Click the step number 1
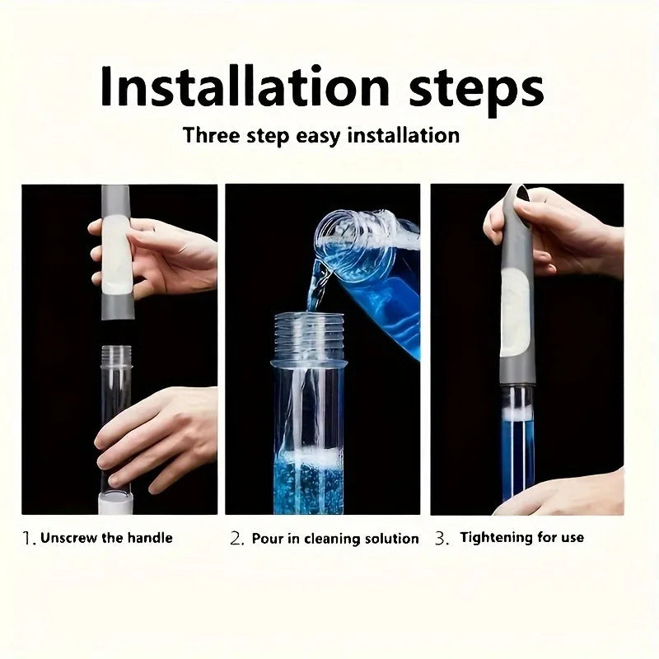coord(28,539)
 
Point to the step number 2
coord(237,539)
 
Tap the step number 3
coord(442,539)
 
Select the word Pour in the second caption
coord(269,539)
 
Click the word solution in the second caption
coord(389,539)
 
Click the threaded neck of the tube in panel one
coord(116,356)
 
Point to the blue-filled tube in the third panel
coord(517,449)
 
